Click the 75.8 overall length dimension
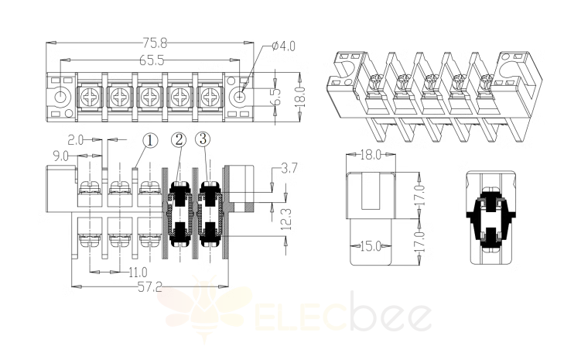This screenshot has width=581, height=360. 155,43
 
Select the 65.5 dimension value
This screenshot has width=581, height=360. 152,60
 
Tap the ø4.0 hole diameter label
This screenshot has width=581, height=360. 283,46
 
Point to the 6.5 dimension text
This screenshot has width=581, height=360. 277,97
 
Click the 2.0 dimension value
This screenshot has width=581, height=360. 75,140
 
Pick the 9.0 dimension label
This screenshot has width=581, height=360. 60,156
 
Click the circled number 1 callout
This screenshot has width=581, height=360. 149,141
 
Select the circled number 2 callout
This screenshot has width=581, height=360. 179,140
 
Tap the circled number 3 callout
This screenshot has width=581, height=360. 203,139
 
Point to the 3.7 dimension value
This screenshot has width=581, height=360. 289,169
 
